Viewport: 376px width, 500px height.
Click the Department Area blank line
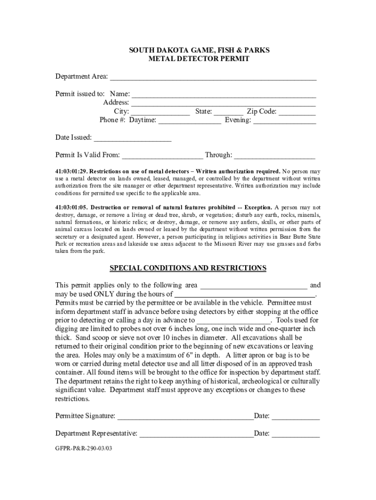point(213,77)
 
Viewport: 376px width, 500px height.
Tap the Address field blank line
point(223,103)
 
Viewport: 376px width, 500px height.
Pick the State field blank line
point(228,112)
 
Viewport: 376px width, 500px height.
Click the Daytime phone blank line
point(189,121)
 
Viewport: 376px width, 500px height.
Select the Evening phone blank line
point(284,121)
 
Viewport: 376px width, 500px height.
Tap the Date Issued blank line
point(132,138)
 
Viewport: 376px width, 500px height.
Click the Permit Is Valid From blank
point(162,156)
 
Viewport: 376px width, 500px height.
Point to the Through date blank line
point(274,156)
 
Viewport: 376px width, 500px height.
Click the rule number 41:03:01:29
point(71,172)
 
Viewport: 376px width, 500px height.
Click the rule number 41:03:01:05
point(71,207)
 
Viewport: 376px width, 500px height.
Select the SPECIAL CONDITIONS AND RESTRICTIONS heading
point(188,268)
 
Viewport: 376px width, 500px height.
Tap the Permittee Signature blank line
point(185,417)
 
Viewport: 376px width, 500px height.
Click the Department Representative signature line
point(196,434)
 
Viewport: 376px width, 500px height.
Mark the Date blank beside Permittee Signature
point(295,417)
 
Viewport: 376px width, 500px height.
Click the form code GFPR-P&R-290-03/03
point(84,447)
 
